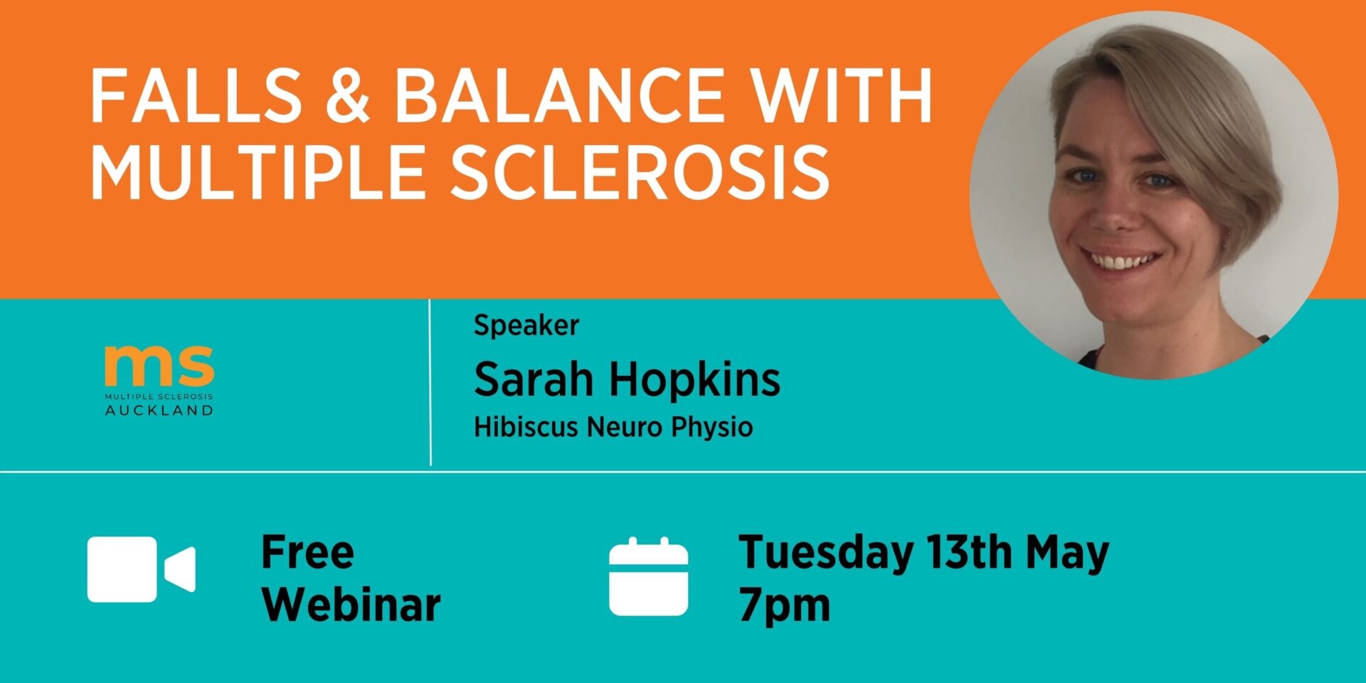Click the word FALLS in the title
tap(196, 95)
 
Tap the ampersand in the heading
tap(348, 95)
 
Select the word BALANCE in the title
tap(559, 95)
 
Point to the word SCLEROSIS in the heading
tap(640, 171)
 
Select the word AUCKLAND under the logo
tap(159, 410)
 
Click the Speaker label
tap(526, 326)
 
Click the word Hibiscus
tap(526, 427)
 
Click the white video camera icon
tap(141, 570)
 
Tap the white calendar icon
tap(648, 576)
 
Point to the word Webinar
tap(351, 605)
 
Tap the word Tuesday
tap(826, 554)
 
